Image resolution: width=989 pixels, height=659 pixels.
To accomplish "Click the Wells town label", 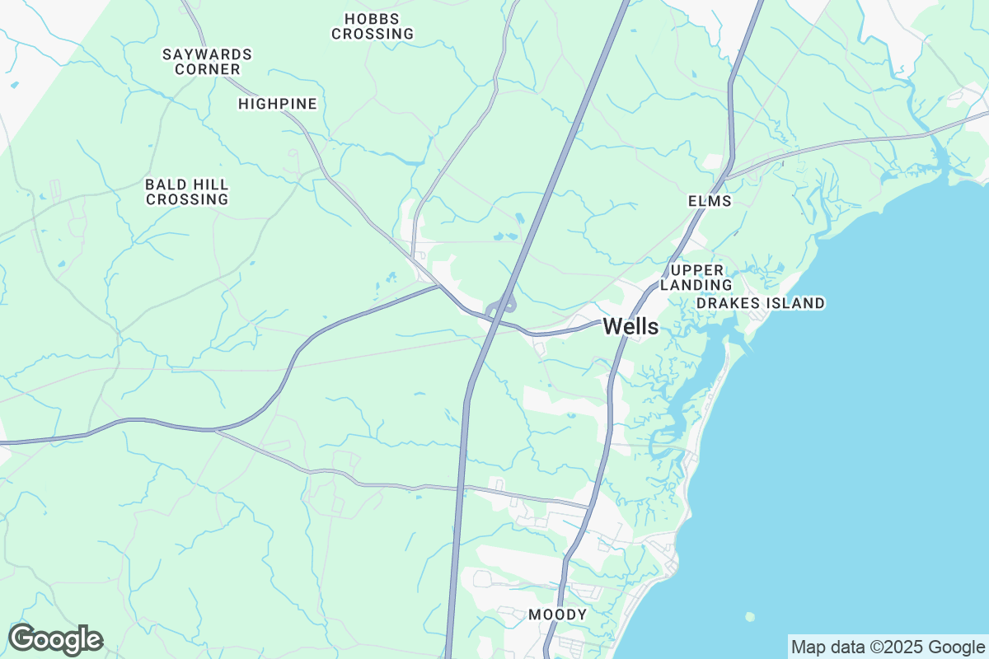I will point(630,326).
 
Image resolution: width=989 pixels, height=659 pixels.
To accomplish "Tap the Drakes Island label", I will point(760,303).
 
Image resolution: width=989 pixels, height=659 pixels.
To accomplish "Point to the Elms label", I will point(710,201).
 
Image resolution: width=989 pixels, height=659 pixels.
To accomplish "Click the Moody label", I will point(558,615).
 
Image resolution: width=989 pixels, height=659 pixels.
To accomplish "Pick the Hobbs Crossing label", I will point(372,26).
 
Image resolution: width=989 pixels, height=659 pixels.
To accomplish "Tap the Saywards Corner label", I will point(207,62).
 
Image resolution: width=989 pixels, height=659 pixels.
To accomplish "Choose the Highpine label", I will point(277,104).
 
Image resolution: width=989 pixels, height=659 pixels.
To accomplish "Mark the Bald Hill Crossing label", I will point(187,191).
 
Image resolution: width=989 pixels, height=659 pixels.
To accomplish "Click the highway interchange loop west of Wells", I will point(501,306).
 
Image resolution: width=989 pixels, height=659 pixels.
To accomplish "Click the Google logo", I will point(55,639).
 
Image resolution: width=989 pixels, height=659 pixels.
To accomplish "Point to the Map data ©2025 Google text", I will point(888,647).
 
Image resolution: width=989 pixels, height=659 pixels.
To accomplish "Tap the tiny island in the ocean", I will point(749,616).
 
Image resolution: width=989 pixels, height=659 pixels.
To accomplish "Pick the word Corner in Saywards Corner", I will point(208,69).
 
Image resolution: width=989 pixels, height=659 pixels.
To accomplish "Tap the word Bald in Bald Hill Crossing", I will point(164,184).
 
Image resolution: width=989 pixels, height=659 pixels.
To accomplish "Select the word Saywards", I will point(207,54).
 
